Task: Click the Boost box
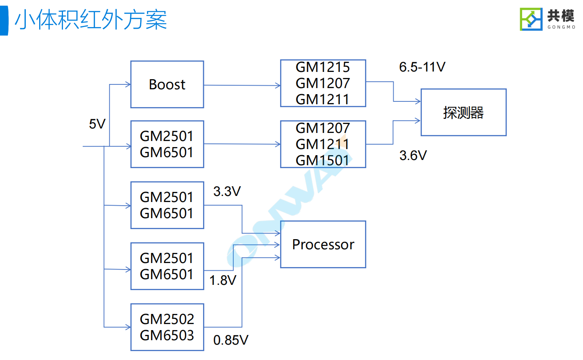point(167,84)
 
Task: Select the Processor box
point(323,244)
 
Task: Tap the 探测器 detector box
point(463,112)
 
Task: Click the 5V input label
point(97,124)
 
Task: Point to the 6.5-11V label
point(422,67)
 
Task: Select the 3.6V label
point(413,156)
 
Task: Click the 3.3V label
point(227,192)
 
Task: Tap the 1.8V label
point(222,280)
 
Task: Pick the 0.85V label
point(231,340)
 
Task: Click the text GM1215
point(323,67)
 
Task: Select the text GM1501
point(322,160)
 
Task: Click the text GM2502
point(167,319)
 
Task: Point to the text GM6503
point(167,335)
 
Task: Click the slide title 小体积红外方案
point(91,20)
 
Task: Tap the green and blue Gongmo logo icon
point(531,19)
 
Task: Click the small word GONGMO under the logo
point(561,27)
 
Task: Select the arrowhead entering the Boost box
point(128,84)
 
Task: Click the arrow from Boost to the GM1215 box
point(242,85)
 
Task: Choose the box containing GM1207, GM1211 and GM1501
point(323,144)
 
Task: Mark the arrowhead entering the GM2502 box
point(128,327)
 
